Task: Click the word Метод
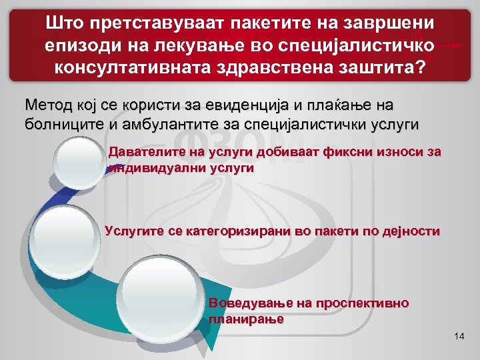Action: tap(49, 105)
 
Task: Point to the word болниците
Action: tap(63, 123)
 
